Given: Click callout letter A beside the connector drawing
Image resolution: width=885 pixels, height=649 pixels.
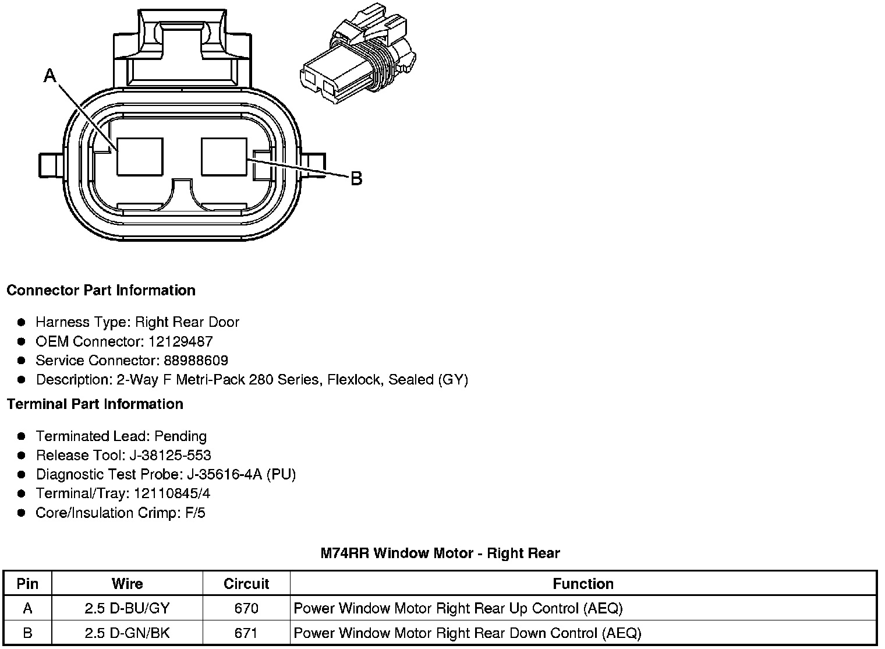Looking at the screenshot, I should point(50,75).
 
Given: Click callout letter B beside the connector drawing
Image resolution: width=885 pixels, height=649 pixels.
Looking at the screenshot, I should point(356,178).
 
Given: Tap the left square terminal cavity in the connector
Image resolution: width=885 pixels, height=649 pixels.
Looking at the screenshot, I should point(140,156).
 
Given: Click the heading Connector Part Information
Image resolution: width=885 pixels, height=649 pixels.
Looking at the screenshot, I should point(101,290).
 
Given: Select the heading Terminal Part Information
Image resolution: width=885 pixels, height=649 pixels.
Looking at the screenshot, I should point(95,404).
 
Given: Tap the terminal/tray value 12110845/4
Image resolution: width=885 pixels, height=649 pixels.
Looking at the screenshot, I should point(172,493).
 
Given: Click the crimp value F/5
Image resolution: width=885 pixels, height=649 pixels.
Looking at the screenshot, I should point(193,513).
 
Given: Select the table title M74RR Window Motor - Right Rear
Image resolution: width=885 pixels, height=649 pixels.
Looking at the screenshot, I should point(440,553).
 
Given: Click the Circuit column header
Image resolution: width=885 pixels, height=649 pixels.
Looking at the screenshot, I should point(246,584).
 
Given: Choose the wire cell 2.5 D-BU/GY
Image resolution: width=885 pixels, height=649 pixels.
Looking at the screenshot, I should point(127,609).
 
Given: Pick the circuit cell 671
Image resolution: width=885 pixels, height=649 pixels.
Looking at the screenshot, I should point(246,633).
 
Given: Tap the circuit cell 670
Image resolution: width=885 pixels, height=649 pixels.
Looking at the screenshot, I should point(246,609).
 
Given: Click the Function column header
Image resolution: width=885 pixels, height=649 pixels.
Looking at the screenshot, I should point(583,584).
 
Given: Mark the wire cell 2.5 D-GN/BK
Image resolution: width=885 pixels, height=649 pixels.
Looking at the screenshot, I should point(127,633).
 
